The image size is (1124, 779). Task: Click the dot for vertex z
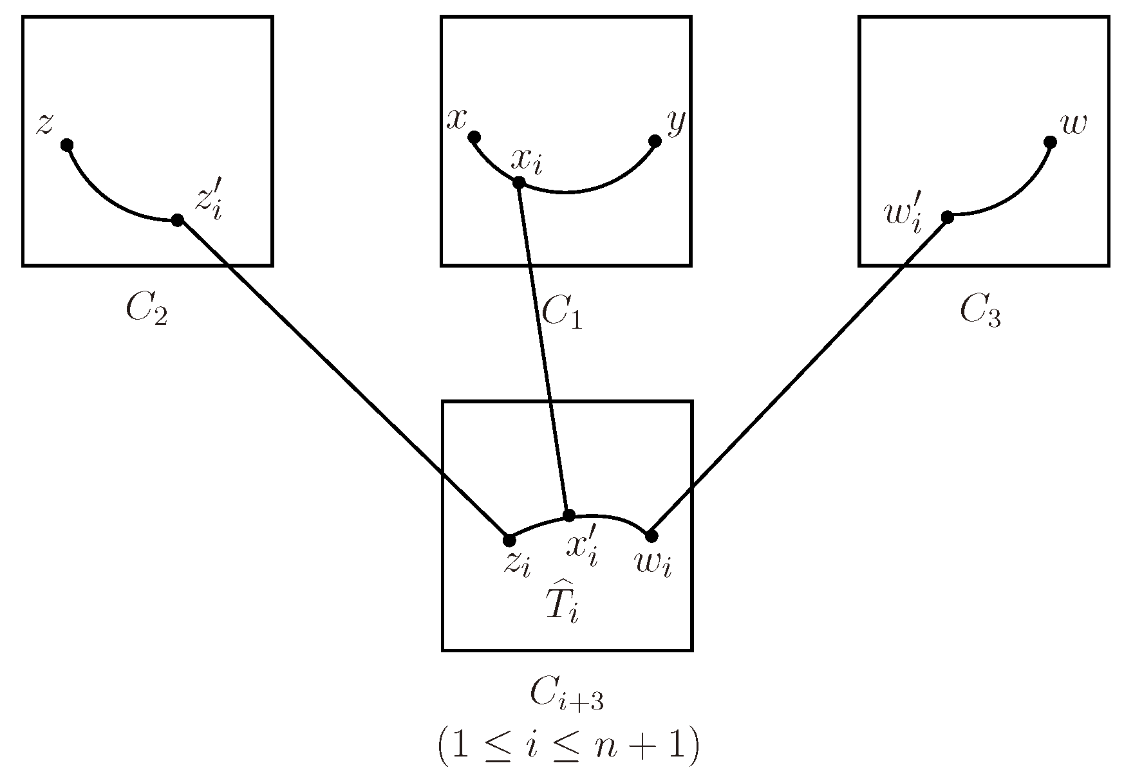point(66,145)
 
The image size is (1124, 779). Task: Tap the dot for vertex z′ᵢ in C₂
point(178,221)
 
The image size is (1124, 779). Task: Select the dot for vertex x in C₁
point(474,137)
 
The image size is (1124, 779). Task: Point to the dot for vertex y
point(655,141)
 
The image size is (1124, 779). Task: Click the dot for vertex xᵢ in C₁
point(518,183)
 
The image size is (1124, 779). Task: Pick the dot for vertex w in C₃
point(1050,142)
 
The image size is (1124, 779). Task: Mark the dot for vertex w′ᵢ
point(947,217)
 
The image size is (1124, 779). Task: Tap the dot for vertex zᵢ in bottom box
point(509,539)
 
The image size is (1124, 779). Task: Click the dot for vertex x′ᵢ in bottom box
point(568,515)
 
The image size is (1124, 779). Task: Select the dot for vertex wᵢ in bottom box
point(651,535)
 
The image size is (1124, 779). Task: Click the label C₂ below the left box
point(147,312)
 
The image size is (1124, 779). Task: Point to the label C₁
point(562,313)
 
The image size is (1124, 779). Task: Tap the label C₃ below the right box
point(980,313)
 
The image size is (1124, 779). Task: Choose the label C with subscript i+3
point(566,696)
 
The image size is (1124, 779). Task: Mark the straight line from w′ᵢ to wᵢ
point(798,376)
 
